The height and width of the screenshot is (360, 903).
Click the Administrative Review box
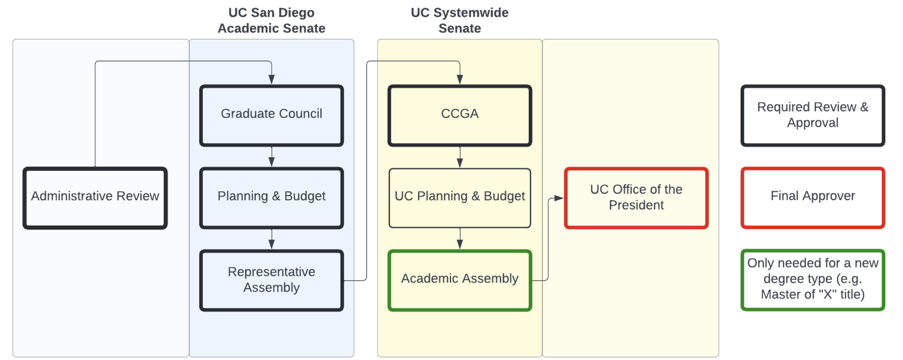[x=95, y=198]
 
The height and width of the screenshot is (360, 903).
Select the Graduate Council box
[x=272, y=115]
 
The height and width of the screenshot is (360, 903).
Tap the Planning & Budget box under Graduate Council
[x=272, y=198]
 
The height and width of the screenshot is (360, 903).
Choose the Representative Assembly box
[x=272, y=280]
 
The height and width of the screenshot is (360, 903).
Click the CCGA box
[x=459, y=115]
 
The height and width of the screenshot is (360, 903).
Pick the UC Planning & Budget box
[x=459, y=198]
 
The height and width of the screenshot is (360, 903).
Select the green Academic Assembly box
[x=459, y=280]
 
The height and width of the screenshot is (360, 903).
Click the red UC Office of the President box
[x=636, y=198]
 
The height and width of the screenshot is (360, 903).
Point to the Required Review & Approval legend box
[x=812, y=115]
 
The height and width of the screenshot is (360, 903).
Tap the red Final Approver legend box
[x=812, y=198]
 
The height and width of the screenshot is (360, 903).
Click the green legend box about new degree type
[x=812, y=280]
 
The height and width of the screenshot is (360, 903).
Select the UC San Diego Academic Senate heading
[x=272, y=20]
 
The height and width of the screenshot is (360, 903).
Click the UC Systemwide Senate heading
[x=459, y=20]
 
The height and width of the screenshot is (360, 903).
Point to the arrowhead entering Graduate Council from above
[x=272, y=79]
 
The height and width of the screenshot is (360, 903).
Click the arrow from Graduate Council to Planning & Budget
[x=272, y=158]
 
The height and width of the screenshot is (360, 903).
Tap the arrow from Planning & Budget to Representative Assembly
[x=272, y=240]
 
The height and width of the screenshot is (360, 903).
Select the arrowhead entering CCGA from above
[x=459, y=79]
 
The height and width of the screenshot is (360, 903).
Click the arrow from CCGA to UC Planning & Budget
[x=459, y=158]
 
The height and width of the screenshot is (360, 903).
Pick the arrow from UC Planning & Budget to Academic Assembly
[x=459, y=240]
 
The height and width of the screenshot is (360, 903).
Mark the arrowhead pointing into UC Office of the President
[x=559, y=198]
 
